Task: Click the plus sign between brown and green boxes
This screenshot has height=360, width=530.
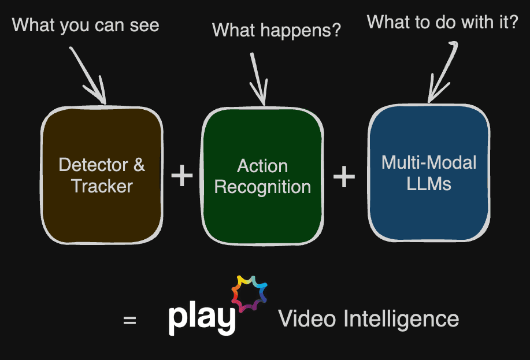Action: tap(182, 176)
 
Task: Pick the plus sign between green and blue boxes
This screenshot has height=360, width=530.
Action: tap(344, 176)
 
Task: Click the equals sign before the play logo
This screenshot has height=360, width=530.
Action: tap(130, 320)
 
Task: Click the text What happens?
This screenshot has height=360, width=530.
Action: tap(277, 29)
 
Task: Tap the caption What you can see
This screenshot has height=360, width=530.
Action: tap(86, 25)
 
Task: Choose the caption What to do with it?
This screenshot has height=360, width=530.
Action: tap(443, 23)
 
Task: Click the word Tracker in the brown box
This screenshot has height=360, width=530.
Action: tap(102, 186)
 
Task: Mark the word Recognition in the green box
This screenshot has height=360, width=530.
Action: tap(262, 187)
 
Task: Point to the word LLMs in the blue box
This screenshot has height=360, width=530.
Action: tap(428, 184)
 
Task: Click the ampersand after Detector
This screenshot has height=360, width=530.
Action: tap(139, 165)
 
